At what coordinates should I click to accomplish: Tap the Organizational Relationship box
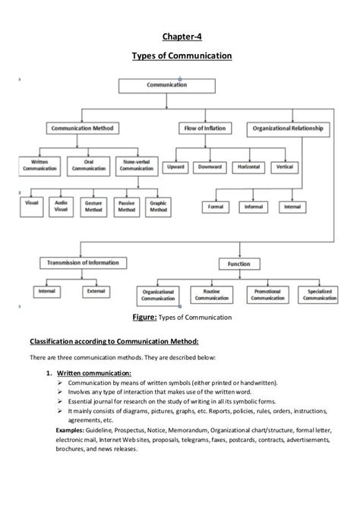[288, 128]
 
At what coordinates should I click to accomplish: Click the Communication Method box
[81, 128]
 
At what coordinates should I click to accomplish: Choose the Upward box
[175, 166]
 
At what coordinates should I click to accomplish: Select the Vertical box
[286, 166]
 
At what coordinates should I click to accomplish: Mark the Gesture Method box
[95, 206]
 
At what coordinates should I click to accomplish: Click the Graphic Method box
[158, 206]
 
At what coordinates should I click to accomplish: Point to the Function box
[233, 264]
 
